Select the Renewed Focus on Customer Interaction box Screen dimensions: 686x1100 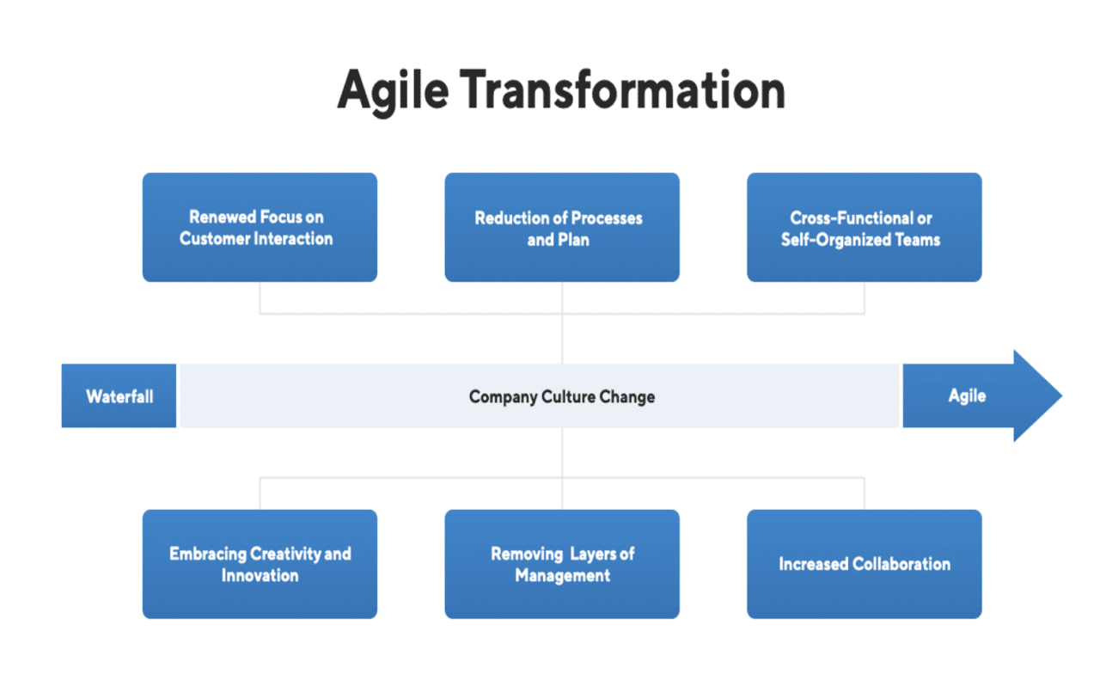[260, 228]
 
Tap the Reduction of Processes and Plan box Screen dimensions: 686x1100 [561, 228]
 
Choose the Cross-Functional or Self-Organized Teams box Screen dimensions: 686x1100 [864, 228]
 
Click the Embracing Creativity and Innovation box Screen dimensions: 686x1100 [260, 564]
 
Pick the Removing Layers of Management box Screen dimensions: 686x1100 [561, 564]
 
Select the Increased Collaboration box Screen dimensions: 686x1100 [864, 564]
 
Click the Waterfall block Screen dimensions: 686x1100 [119, 396]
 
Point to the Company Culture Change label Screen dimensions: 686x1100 [561, 396]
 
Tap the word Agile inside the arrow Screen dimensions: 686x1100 [967, 396]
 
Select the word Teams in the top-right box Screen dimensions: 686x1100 [916, 239]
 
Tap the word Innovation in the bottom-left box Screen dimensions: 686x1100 [260, 575]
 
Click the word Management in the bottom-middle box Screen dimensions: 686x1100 [562, 575]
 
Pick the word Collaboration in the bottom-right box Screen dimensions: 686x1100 [901, 564]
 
